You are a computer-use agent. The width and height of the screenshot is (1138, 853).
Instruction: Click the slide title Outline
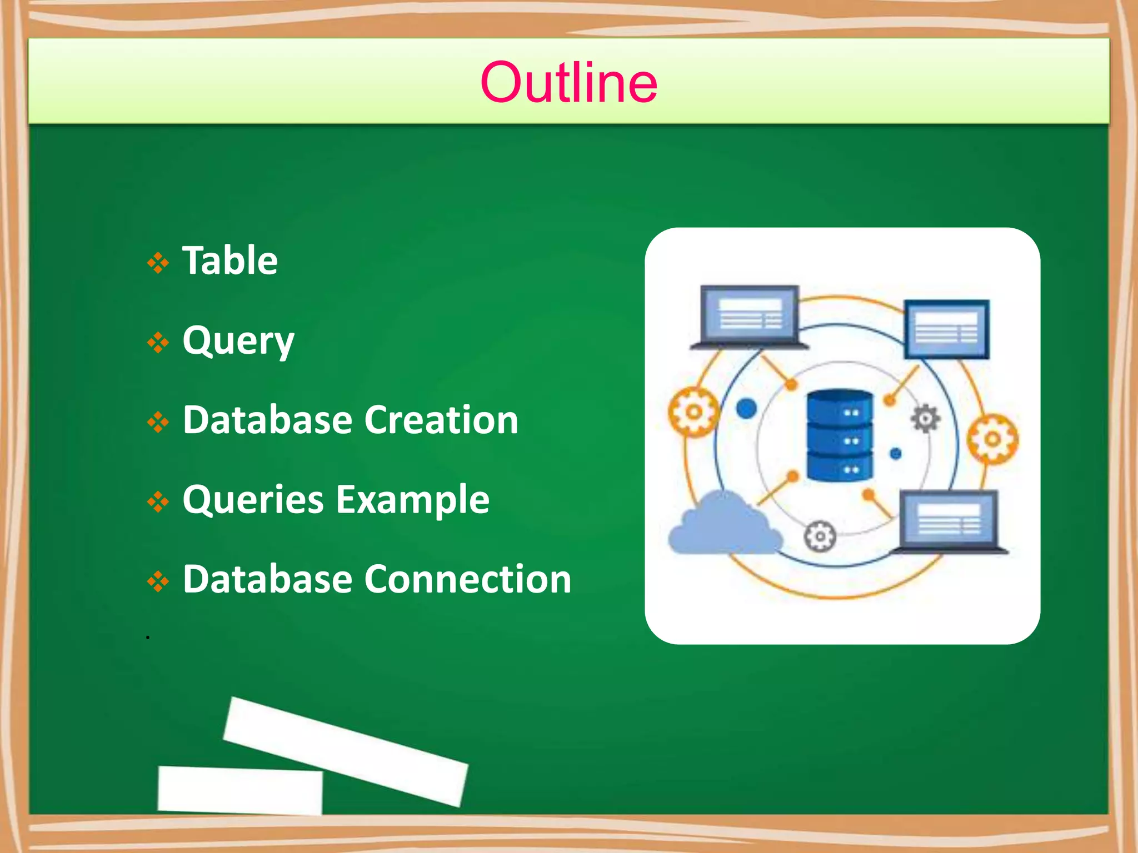(x=568, y=82)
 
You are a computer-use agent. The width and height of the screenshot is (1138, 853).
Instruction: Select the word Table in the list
(x=230, y=260)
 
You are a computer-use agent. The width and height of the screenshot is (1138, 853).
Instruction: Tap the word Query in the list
(x=238, y=341)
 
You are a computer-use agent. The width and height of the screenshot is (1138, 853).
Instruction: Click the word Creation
(x=441, y=420)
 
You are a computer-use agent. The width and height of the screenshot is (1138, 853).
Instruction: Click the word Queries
(x=253, y=500)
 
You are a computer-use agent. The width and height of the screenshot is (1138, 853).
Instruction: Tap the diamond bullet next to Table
(x=158, y=263)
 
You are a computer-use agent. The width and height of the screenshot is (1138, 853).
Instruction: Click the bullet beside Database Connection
(x=158, y=581)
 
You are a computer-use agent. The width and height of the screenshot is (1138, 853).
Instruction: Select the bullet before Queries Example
(x=158, y=502)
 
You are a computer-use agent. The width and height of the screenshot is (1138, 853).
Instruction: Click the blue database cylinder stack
(x=839, y=435)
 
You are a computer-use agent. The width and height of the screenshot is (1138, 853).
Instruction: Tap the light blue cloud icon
(x=722, y=526)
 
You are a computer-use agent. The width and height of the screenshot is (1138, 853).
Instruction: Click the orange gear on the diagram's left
(x=693, y=412)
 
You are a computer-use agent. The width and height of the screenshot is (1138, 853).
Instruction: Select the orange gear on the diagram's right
(x=992, y=439)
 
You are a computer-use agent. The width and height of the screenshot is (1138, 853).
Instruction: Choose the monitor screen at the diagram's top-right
(x=946, y=329)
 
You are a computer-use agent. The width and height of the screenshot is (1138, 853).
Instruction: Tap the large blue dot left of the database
(x=746, y=409)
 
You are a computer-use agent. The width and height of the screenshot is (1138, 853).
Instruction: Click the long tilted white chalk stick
(x=346, y=751)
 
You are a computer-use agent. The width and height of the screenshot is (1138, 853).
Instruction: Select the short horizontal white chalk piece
(x=240, y=790)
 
